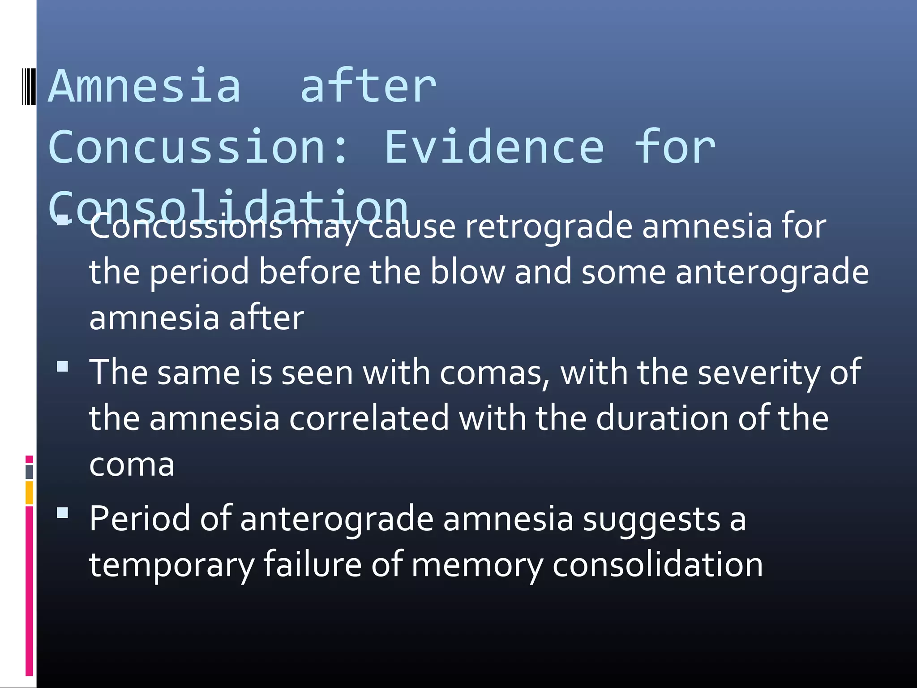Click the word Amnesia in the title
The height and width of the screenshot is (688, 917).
(144, 86)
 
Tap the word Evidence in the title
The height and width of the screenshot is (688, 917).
(494, 147)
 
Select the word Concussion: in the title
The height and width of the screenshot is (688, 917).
(198, 147)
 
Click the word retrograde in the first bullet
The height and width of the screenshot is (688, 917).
(548, 227)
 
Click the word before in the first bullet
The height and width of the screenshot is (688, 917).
(309, 272)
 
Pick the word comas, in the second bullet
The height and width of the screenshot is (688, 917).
(495, 373)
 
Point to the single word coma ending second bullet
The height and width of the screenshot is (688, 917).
(132, 465)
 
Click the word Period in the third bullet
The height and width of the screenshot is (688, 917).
(139, 519)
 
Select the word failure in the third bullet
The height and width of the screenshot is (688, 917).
(312, 564)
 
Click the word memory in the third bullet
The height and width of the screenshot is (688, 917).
(476, 565)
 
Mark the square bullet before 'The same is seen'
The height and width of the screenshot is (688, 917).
(63, 367)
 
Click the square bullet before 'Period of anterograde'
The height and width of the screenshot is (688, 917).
(63, 513)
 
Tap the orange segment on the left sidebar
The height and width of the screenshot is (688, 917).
(29, 492)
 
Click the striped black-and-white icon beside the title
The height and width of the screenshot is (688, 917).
(29, 86)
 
